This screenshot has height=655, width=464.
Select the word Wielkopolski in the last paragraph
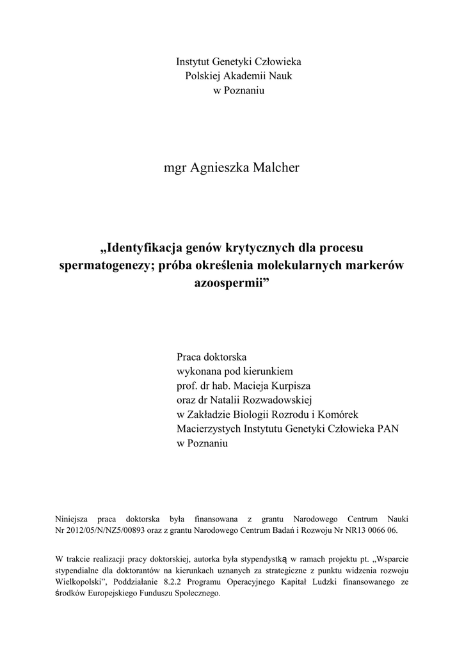click(79, 581)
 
